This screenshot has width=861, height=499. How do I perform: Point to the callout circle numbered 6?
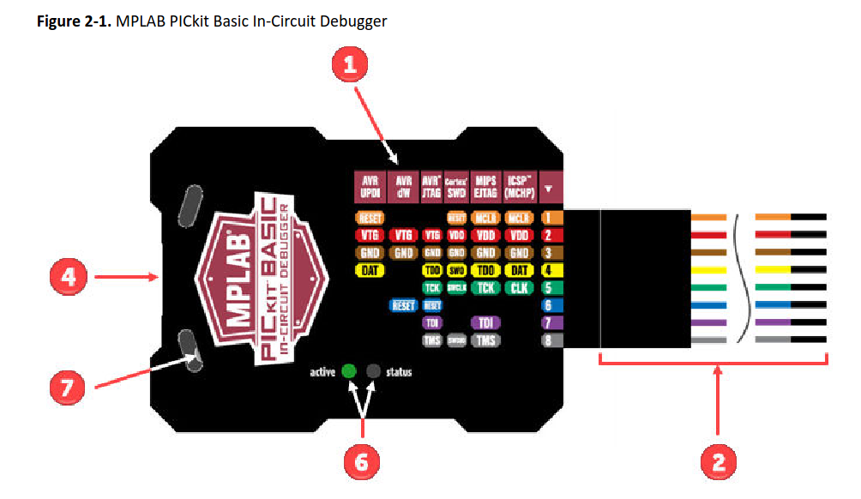coord(362,462)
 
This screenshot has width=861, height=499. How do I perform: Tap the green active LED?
coord(348,371)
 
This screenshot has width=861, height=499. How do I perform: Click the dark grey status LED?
coord(373,371)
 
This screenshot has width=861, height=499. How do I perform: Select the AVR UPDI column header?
coord(370,186)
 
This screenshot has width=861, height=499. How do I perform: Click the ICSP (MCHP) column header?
coord(518,186)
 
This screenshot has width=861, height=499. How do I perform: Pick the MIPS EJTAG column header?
coord(485,186)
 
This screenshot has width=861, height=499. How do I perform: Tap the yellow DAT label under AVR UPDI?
coord(369,270)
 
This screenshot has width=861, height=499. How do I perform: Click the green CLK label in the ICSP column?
coord(518,287)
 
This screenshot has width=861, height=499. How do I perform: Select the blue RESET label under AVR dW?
coord(402,305)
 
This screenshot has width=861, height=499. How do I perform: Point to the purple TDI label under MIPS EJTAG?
coord(485,322)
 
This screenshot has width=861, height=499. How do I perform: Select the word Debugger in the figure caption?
coord(353,21)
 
